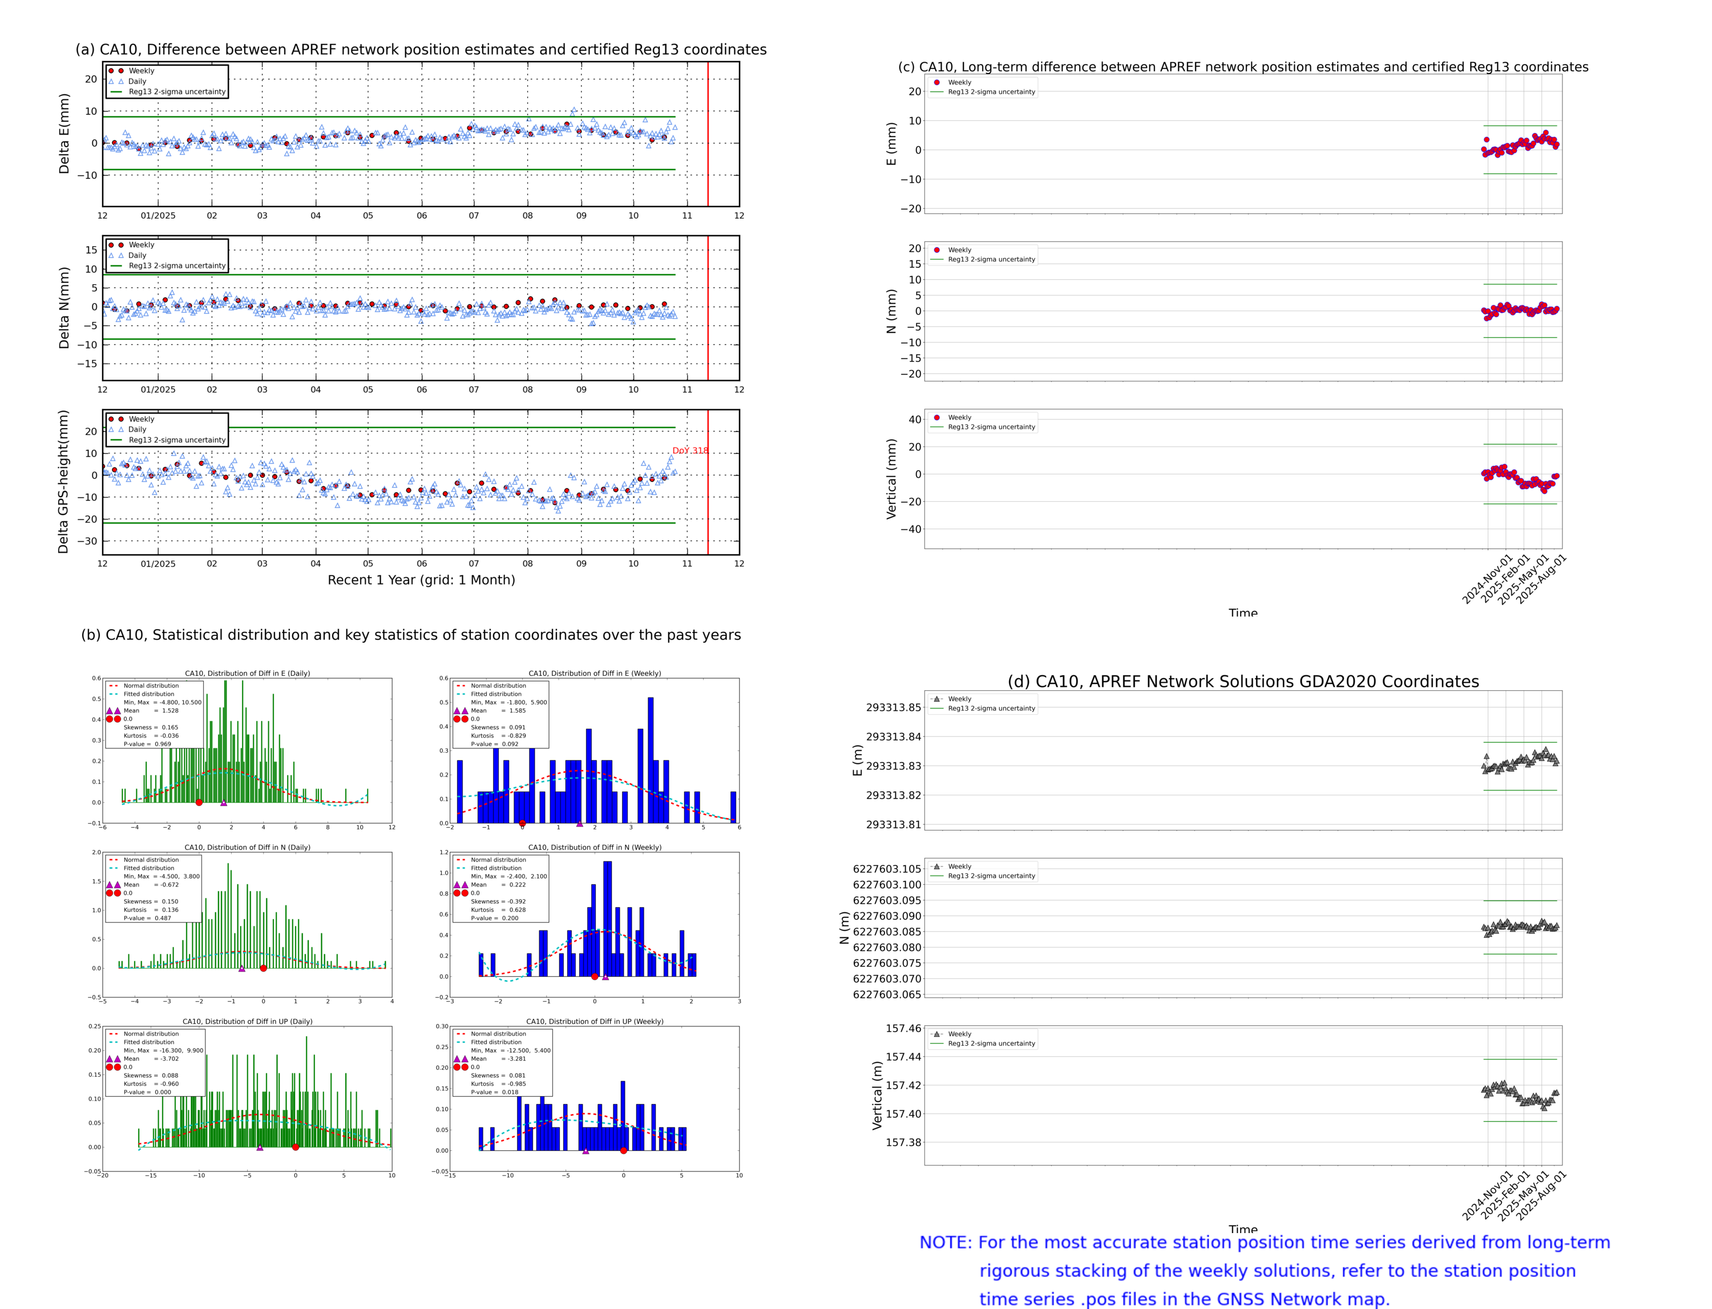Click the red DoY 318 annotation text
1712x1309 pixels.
[690, 450]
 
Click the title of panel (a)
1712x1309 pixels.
[421, 50]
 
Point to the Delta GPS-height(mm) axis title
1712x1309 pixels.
[64, 481]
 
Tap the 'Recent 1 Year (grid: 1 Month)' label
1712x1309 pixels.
[421, 579]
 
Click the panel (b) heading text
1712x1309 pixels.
[410, 635]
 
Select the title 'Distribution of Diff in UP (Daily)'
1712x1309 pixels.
[247, 1021]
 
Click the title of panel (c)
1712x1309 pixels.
[1242, 67]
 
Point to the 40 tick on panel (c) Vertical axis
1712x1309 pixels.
[914, 419]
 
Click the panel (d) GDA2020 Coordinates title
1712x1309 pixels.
[1242, 682]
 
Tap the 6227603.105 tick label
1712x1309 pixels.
[886, 869]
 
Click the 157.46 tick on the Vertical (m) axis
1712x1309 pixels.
[903, 1029]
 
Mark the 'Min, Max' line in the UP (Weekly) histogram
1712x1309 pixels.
[510, 1050]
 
